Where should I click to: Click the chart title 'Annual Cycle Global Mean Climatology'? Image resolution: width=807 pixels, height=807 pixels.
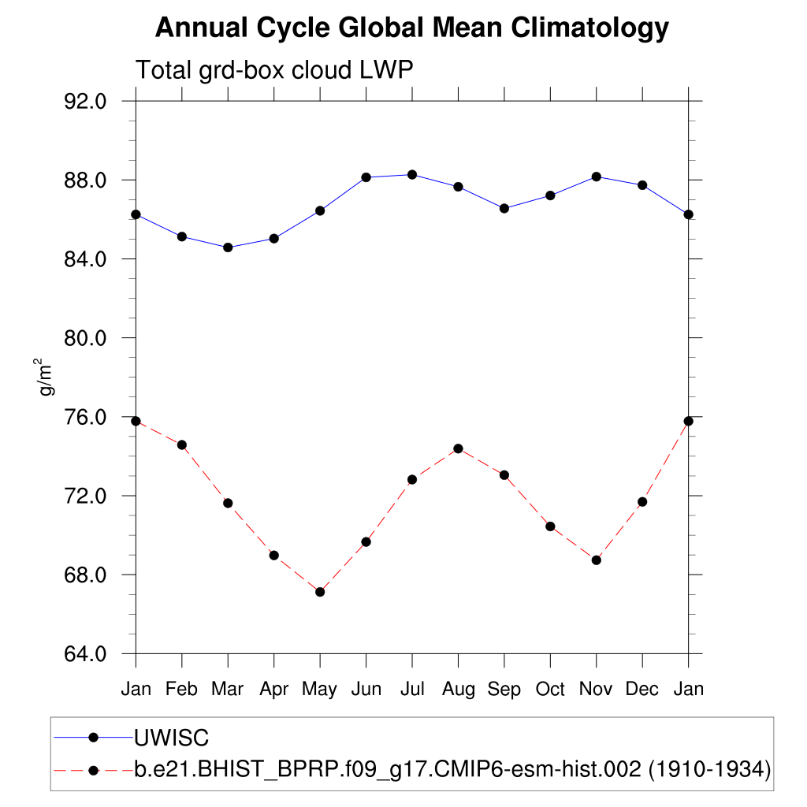411,28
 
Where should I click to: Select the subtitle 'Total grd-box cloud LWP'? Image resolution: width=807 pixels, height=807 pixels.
274,70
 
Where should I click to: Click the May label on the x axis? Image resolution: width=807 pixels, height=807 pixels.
319,690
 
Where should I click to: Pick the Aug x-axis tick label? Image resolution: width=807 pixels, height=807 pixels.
458,690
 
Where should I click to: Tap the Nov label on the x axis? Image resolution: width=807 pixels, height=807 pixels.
596,690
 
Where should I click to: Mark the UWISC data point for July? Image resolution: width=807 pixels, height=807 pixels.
412,174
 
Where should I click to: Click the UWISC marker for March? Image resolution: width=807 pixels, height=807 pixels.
228,247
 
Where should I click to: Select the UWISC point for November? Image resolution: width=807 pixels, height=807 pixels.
597,177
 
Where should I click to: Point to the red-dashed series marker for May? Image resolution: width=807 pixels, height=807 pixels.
320,592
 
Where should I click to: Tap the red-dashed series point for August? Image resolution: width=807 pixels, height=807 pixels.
458,448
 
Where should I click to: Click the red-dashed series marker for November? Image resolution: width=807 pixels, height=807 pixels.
597,560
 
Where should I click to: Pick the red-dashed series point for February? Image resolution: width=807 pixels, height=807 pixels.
182,445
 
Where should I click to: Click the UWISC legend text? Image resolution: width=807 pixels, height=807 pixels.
171,738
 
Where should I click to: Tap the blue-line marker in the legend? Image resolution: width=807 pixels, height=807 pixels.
93,738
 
